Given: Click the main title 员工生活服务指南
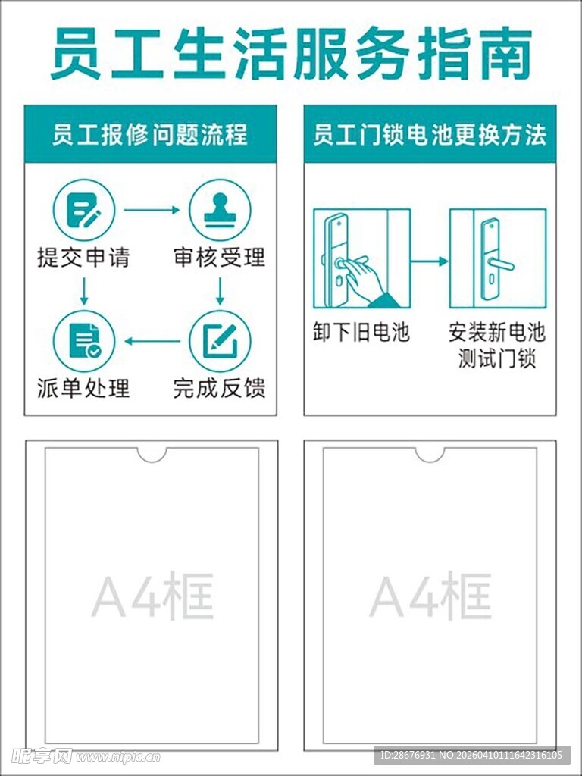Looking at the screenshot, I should tap(291, 55).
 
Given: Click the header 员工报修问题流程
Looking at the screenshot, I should tap(149, 136).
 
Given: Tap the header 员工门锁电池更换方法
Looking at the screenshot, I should tap(430, 136).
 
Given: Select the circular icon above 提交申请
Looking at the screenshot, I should tap(83, 210).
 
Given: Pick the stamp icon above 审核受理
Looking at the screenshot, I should tap(220, 210).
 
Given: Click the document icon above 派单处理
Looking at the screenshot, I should tap(83, 341).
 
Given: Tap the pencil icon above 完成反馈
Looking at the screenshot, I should tap(220, 341).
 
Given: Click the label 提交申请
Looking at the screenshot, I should tap(83, 258).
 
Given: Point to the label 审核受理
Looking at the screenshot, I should tap(220, 258).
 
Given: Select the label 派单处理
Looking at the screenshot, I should tap(83, 389).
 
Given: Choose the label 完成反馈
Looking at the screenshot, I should tap(220, 389).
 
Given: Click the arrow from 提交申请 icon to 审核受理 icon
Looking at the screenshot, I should tap(151, 210).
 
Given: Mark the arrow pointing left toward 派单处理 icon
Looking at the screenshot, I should tap(152, 341).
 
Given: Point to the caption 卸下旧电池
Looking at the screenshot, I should tap(361, 333).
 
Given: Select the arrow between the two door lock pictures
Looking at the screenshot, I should tap(430, 261).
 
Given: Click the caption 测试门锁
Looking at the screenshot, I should tap(497, 358).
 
